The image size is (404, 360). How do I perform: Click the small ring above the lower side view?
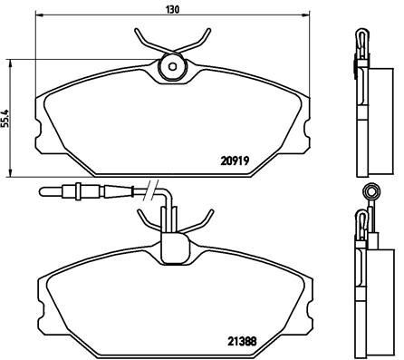click(369, 191)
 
